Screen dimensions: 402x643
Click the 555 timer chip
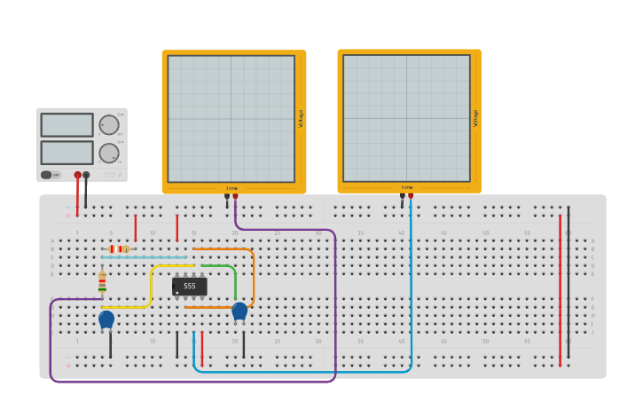point(190,287)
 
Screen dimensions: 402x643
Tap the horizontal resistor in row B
point(118,249)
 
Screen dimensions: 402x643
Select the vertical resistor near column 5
point(102,283)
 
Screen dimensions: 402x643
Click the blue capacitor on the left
point(106,319)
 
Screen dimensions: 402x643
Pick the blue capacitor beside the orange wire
point(239,311)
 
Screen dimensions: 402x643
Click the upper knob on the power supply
point(108,125)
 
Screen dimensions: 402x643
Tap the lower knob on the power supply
point(108,153)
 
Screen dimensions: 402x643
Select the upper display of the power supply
point(67,125)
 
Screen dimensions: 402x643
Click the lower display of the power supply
point(67,153)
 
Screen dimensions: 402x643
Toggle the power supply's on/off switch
point(50,175)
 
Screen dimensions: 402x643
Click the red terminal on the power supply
point(78,175)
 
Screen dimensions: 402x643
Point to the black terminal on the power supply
point(86,175)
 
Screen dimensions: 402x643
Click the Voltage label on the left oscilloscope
point(301,119)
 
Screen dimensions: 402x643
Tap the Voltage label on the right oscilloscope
point(476,118)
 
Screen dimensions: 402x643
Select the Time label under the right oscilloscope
point(407,187)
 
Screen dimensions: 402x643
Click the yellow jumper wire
point(152,284)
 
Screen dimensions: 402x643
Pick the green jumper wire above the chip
point(219,265)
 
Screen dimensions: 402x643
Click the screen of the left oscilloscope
point(231,119)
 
